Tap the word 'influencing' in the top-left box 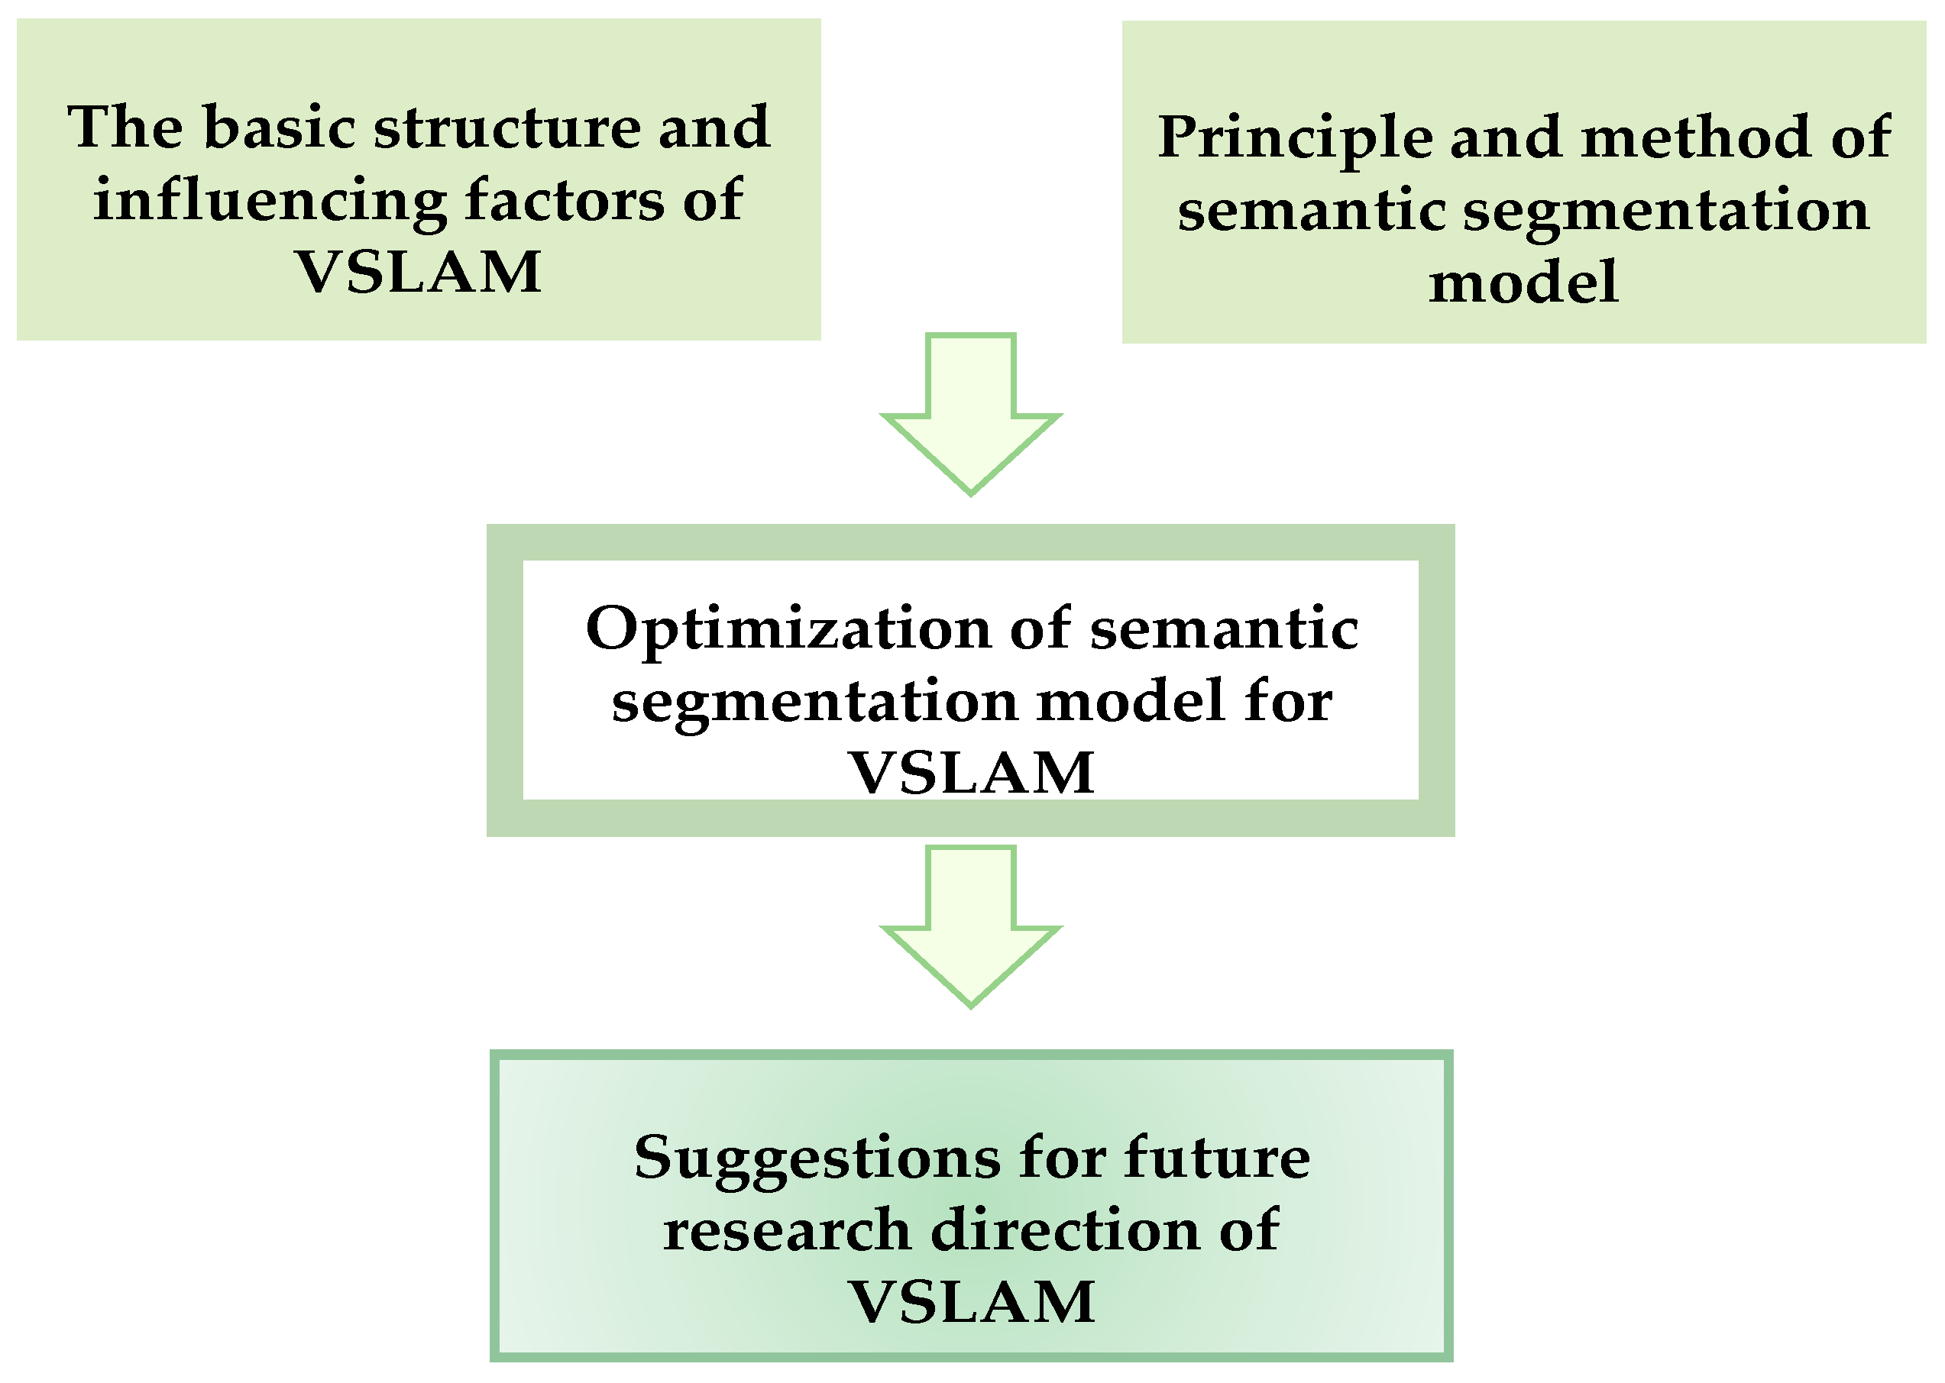click(x=270, y=201)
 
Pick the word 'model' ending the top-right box click(x=1523, y=283)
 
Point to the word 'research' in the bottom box click(x=787, y=1232)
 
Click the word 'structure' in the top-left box click(x=507, y=128)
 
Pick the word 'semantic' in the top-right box click(x=1311, y=212)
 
